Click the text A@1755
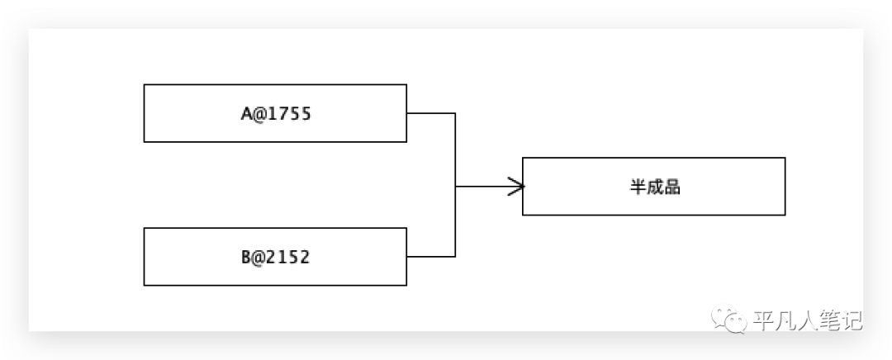coord(275,114)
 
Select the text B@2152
coord(275,258)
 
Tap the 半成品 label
coord(654,187)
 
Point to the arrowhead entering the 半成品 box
coord(518,187)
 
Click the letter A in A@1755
coord(246,114)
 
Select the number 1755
coord(290,114)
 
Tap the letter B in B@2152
coord(246,258)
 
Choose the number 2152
coord(290,258)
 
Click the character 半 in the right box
coord(637,187)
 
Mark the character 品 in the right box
coord(672,187)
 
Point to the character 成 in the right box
coord(654,187)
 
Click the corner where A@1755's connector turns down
coord(455,114)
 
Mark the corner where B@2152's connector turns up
coord(455,257)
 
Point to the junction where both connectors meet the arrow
coord(455,187)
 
